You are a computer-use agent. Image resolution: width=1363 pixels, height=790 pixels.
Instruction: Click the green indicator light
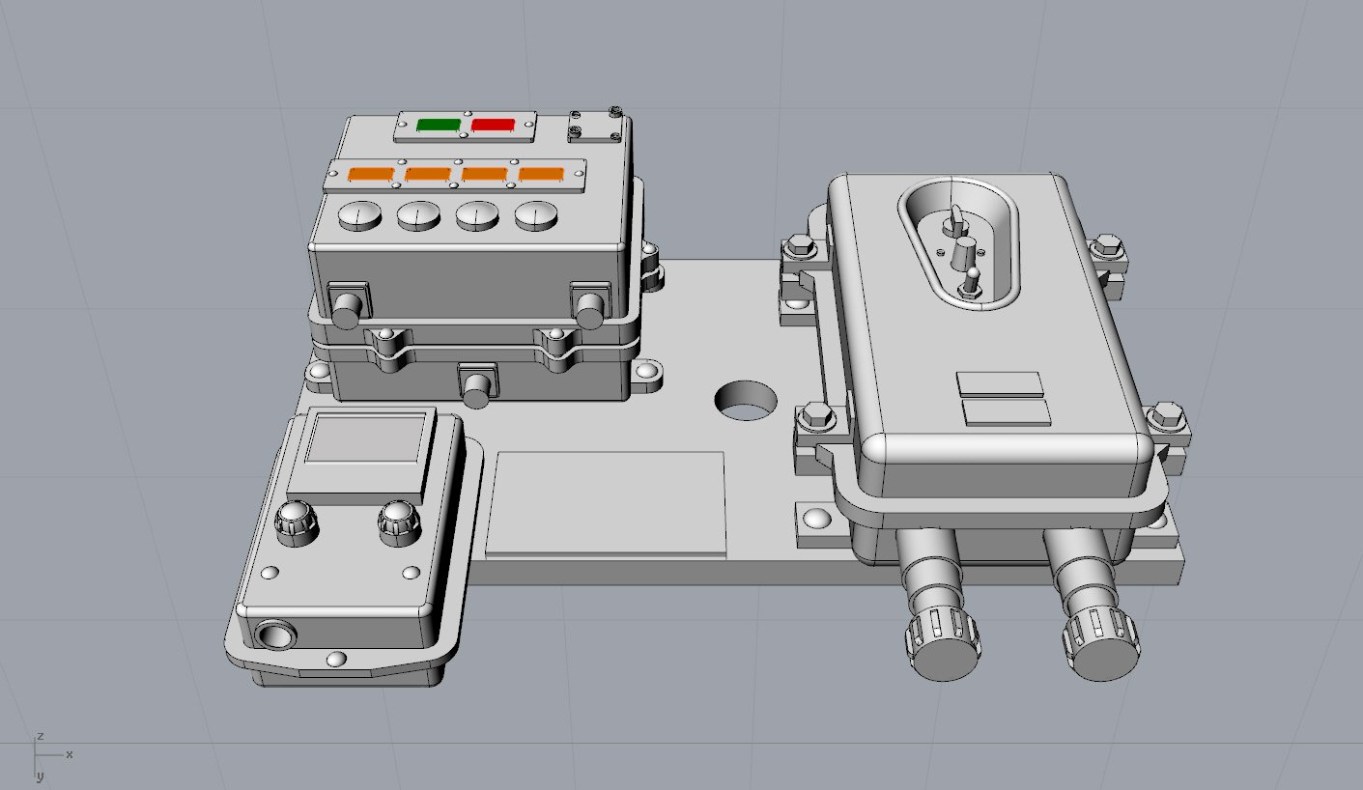pyautogui.click(x=440, y=126)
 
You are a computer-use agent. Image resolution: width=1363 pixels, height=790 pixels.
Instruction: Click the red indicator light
pyautogui.click(x=493, y=126)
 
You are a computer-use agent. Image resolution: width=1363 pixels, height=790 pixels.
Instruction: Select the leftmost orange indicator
pyautogui.click(x=371, y=175)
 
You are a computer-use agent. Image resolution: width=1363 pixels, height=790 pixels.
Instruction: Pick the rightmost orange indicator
pyautogui.click(x=541, y=175)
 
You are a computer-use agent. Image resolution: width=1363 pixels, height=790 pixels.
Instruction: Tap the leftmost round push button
pyautogui.click(x=359, y=216)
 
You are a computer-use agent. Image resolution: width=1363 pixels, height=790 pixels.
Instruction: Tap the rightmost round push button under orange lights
pyautogui.click(x=536, y=216)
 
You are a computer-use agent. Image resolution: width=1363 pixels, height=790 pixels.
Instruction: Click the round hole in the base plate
pyautogui.click(x=746, y=401)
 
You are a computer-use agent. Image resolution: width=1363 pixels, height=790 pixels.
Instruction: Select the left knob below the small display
pyautogui.click(x=296, y=522)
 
